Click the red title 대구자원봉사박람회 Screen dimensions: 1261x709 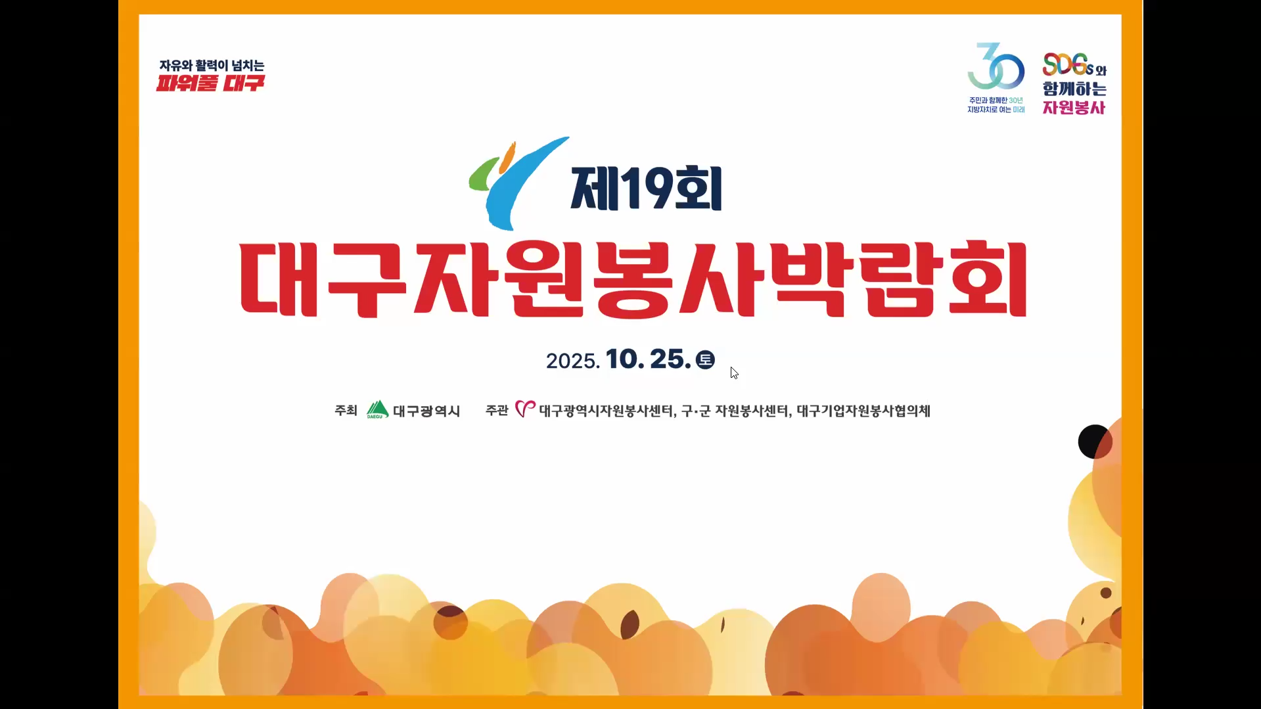tap(633, 281)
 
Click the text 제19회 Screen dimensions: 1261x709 tap(647, 189)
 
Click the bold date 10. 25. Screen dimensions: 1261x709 tap(648, 359)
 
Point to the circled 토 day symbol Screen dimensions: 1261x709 tap(705, 359)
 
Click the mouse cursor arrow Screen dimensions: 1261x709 tap(734, 373)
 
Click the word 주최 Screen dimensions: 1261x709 tap(346, 411)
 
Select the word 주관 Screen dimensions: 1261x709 tap(497, 411)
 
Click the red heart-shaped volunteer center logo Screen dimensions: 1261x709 tap(525, 409)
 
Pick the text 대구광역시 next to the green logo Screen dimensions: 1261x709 tap(426, 411)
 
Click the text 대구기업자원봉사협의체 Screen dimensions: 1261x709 tap(863, 411)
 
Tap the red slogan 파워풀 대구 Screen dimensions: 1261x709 tap(210, 83)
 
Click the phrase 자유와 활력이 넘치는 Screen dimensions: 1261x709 tap(212, 65)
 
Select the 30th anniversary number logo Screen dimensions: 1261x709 tap(996, 67)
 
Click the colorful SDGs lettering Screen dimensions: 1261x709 tap(1068, 64)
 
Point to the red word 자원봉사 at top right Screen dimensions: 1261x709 tap(1074, 107)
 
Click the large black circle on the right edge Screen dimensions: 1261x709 tap(1095, 442)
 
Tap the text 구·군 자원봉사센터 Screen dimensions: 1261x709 tap(735, 411)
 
